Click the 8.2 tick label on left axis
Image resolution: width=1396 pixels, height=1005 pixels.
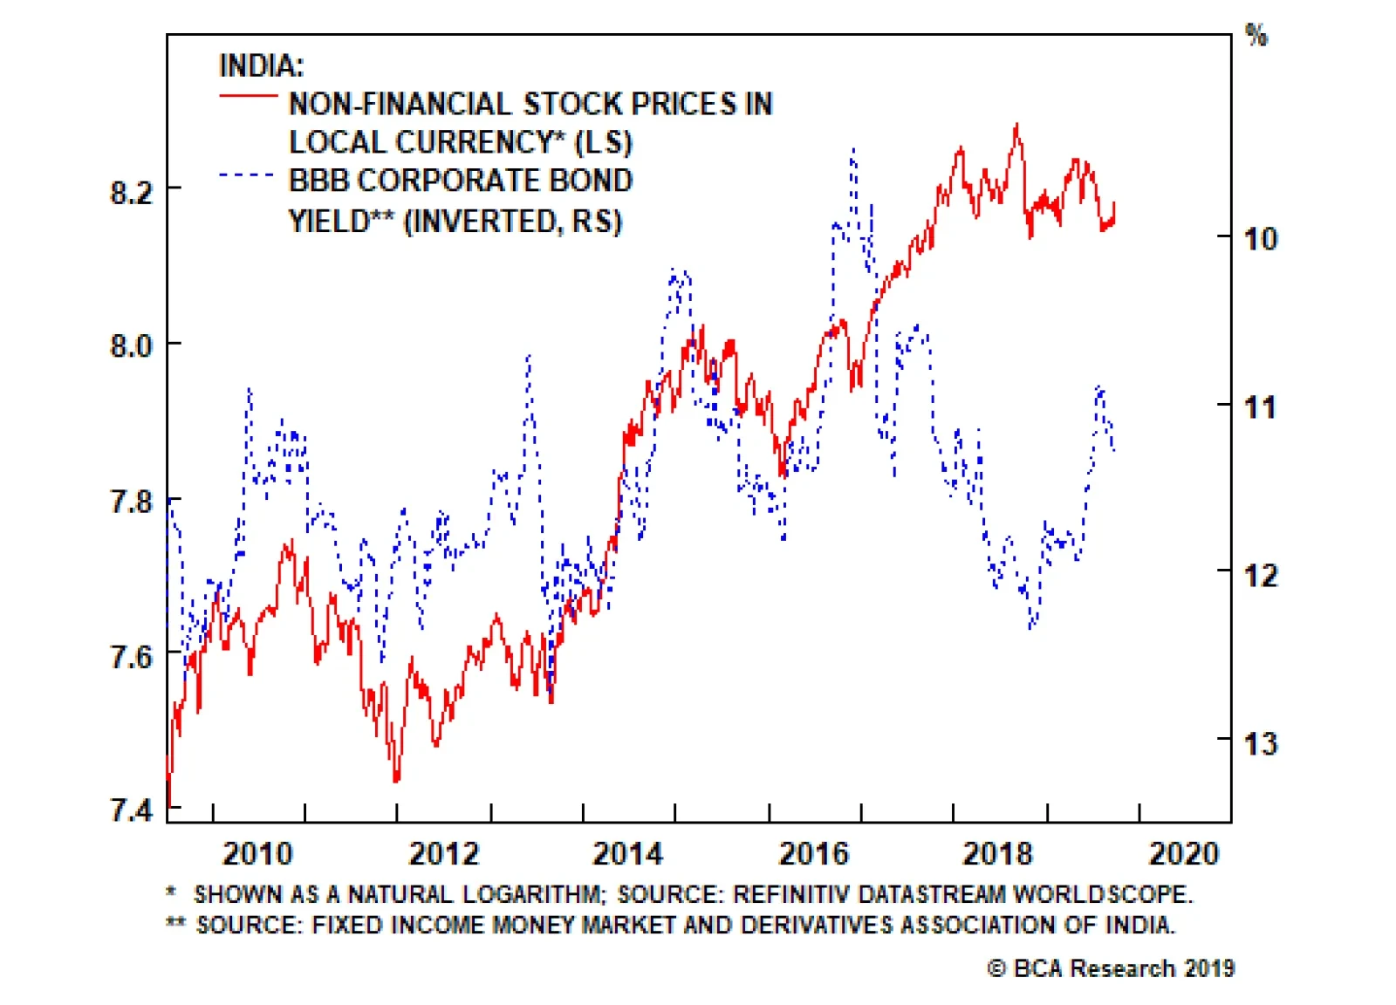point(132,192)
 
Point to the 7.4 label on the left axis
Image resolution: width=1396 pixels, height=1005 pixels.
point(132,810)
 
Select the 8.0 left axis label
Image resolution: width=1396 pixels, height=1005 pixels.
point(132,346)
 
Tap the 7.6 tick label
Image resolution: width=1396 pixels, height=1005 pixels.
point(132,657)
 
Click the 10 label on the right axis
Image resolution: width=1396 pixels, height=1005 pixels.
point(1260,238)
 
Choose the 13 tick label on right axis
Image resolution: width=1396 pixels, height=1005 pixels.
point(1260,744)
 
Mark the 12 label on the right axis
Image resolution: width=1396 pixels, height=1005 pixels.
point(1260,576)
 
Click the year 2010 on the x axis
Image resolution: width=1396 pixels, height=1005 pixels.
point(257,853)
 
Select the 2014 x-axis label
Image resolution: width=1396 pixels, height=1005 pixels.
point(627,853)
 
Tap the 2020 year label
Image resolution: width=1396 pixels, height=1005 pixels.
point(1183,853)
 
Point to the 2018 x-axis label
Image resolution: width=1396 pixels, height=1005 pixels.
point(997,853)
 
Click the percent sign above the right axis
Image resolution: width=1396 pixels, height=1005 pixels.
point(1256,36)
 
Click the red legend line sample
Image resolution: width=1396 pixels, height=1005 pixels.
point(248,95)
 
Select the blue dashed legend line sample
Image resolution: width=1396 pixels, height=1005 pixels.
point(248,174)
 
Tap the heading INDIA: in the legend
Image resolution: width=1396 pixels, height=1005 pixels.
point(261,65)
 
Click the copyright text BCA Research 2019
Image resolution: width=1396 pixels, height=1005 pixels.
point(1111,968)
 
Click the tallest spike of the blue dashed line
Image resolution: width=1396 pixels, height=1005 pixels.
point(852,149)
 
